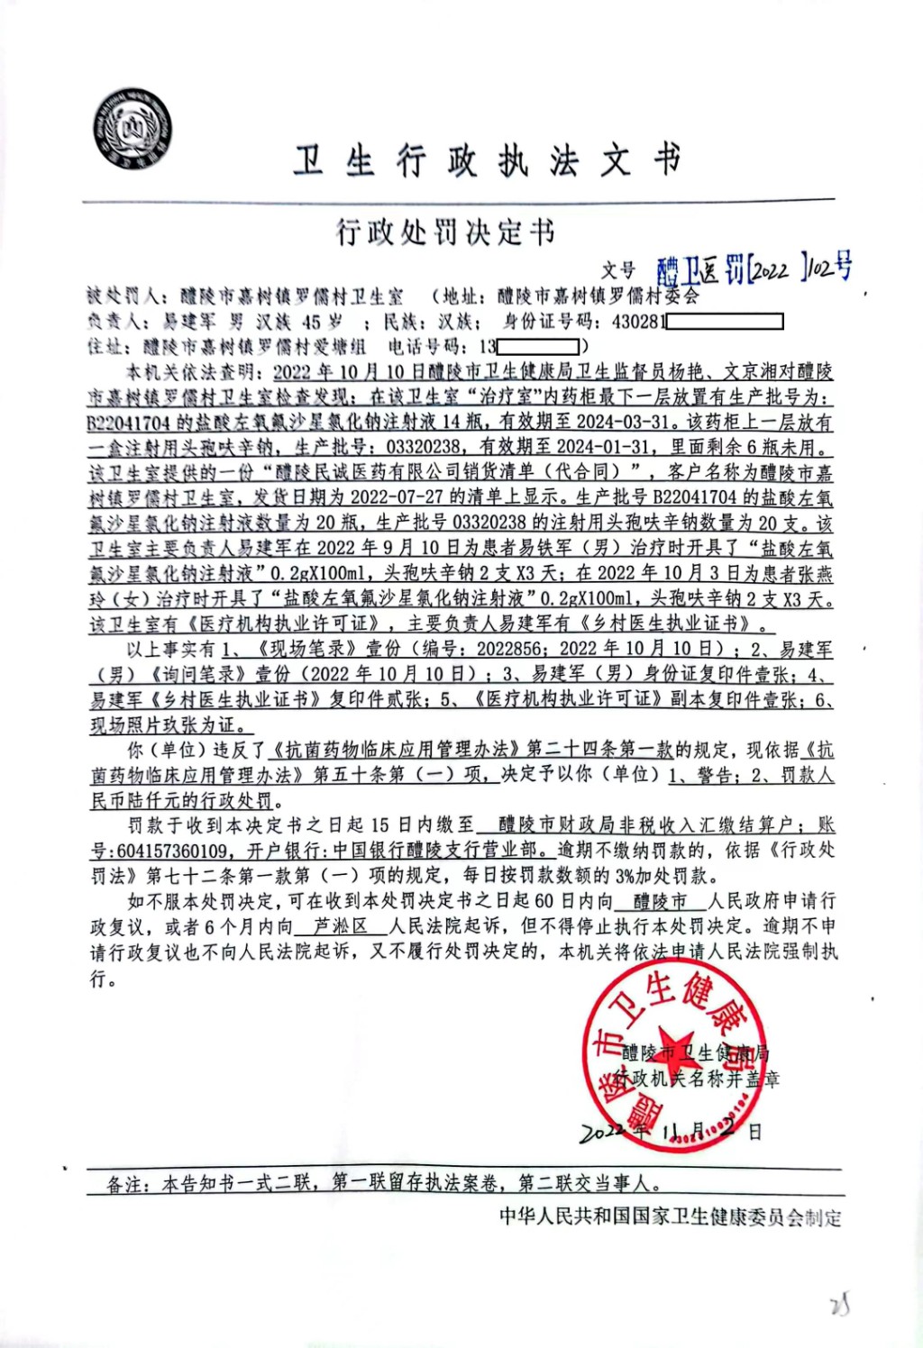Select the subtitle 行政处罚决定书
446,232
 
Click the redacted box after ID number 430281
725,322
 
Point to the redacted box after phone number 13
538,346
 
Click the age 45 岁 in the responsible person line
322,322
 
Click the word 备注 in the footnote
125,1184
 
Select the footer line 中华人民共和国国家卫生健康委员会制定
670,1217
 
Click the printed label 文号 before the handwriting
618,270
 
